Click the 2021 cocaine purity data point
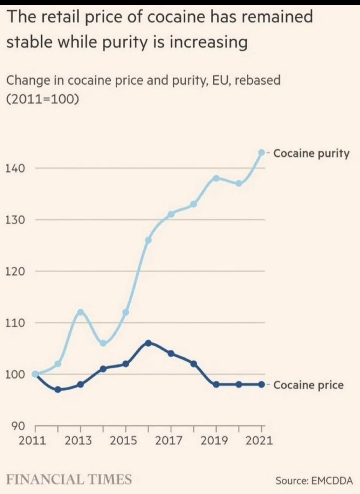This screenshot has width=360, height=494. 262,153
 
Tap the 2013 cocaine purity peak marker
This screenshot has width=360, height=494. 80,312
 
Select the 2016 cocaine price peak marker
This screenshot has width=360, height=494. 148,343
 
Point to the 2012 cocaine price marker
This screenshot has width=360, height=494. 58,389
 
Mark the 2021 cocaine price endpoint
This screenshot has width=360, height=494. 262,384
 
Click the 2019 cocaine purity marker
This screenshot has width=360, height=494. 216,178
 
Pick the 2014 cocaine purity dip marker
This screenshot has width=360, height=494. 103,343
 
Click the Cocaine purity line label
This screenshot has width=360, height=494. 311,153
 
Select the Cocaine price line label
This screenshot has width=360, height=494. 308,385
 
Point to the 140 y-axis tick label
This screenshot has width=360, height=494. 15,168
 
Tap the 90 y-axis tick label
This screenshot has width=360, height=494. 18,426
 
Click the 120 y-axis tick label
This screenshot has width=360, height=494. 15,272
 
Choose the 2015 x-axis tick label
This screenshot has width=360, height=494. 123,441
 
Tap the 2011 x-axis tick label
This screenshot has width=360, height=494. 32,441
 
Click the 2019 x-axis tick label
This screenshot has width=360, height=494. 214,441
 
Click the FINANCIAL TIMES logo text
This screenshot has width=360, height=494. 69,480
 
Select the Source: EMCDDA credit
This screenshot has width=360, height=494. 314,481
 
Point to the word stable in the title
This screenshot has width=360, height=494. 29,42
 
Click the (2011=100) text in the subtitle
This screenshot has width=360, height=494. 43,99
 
